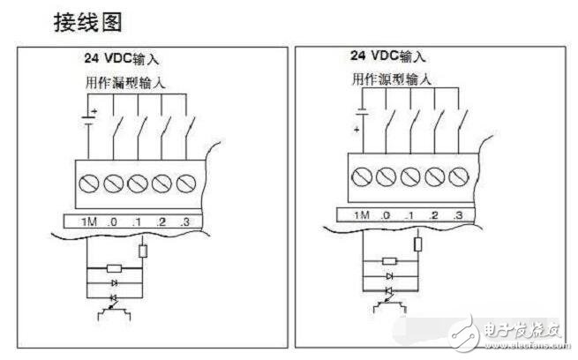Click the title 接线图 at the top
tap(87, 22)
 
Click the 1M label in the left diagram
tap(89, 221)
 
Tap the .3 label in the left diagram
tap(185, 221)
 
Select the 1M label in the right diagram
tap(362, 215)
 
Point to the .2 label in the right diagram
tap(433, 215)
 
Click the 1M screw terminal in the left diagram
tap(89, 184)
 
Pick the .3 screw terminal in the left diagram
tap(186, 184)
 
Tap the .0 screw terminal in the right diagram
tap(386, 176)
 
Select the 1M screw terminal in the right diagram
tap(362, 176)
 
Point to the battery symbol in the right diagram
tap(363, 112)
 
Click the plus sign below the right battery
tap(357, 130)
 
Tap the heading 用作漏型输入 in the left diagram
tap(125, 83)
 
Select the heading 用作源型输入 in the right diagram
tap(391, 79)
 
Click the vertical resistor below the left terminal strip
tap(143, 251)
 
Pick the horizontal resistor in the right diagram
tap(389, 261)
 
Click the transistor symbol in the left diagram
tap(114, 311)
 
